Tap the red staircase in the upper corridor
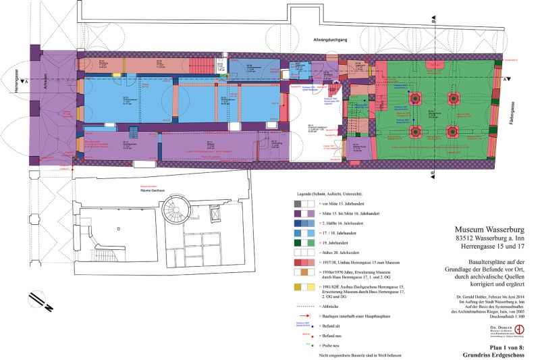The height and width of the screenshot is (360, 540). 200,66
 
